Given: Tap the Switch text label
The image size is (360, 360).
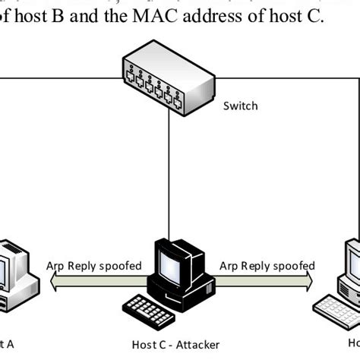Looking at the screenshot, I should (x=240, y=106).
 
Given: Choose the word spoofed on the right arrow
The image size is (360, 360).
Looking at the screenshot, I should (x=291, y=266).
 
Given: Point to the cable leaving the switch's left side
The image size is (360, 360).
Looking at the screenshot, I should (x=61, y=76).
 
